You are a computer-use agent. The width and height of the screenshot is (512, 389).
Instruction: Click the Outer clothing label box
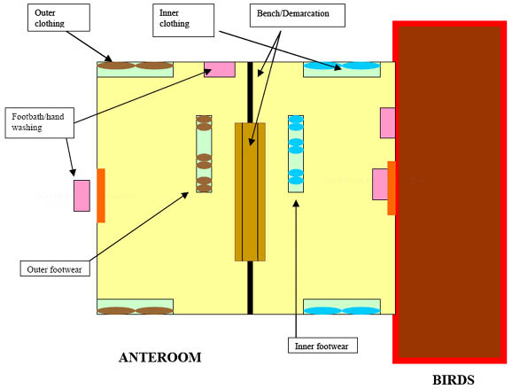pyautogui.click(x=58, y=18)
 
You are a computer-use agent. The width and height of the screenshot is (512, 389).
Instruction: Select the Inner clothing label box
pyautogui.click(x=183, y=20)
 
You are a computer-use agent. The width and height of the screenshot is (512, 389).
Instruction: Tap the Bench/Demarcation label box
pyautogui.click(x=298, y=15)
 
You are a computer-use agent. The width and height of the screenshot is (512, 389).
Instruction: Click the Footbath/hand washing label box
pyautogui.click(x=40, y=123)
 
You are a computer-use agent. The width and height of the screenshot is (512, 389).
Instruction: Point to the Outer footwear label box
pyautogui.click(x=55, y=268)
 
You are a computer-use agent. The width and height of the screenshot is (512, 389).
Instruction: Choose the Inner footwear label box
pyautogui.click(x=322, y=346)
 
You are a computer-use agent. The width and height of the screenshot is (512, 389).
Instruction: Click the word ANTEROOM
pyautogui.click(x=160, y=357)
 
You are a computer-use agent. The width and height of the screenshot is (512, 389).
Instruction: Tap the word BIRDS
pyautogui.click(x=454, y=380)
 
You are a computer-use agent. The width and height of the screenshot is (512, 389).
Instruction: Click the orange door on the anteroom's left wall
pyautogui.click(x=101, y=196)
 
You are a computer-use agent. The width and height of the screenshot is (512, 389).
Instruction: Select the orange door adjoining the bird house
pyautogui.click(x=392, y=188)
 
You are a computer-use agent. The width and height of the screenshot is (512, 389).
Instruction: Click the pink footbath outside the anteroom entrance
pyautogui.click(x=81, y=196)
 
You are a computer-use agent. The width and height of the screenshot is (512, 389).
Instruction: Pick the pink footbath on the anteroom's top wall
pyautogui.click(x=220, y=70)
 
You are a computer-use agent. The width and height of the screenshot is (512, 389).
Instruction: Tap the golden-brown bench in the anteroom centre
pyautogui.click(x=250, y=192)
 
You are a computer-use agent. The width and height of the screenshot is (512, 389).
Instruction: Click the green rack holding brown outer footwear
pyautogui.click(x=204, y=154)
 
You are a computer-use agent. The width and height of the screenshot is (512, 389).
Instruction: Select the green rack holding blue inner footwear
pyautogui.click(x=296, y=154)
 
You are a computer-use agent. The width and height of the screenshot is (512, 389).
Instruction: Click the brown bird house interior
pyautogui.click(x=450, y=192)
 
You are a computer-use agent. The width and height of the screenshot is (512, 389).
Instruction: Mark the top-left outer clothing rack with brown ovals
pyautogui.click(x=136, y=70)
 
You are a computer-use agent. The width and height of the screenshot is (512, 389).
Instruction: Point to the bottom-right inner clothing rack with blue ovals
pyautogui.click(x=342, y=307)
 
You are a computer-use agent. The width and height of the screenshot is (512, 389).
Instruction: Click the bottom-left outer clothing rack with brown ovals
pyautogui.click(x=136, y=307)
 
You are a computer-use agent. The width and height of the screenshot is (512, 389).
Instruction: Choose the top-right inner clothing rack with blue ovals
pyautogui.click(x=342, y=70)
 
